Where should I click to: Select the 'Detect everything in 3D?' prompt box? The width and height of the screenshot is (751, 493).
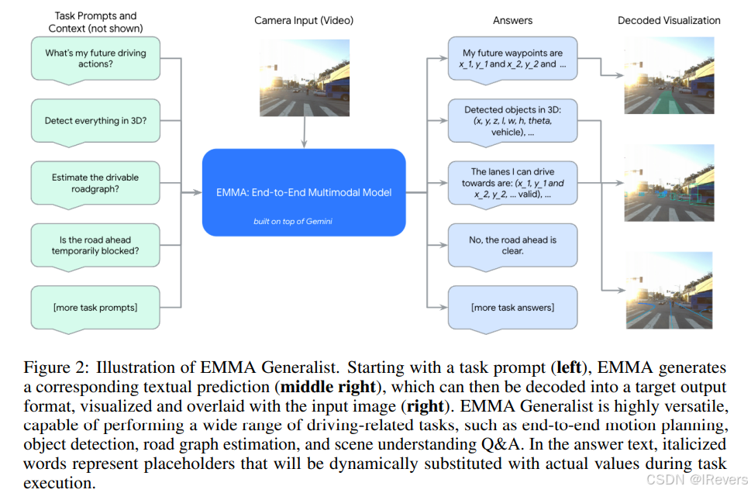(x=95, y=120)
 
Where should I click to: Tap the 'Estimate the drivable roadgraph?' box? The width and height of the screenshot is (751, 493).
(x=95, y=183)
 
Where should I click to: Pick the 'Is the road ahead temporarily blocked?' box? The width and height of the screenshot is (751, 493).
(x=95, y=246)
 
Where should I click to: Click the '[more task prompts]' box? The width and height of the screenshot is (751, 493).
(x=95, y=307)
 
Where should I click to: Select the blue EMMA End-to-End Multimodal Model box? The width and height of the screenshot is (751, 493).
(x=304, y=192)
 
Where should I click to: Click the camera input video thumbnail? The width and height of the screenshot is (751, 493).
(x=304, y=78)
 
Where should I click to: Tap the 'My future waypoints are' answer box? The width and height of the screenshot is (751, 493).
(x=512, y=59)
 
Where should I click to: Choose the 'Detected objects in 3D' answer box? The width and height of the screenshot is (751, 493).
(x=512, y=121)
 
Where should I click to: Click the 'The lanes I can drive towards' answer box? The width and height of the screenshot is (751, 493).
(x=512, y=184)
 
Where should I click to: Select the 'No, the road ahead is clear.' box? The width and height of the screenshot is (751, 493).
(x=512, y=245)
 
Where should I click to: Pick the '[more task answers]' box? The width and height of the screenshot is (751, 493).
(x=512, y=307)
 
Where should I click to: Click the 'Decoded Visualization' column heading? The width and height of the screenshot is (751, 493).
(x=669, y=20)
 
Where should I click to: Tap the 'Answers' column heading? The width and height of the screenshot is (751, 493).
(x=512, y=20)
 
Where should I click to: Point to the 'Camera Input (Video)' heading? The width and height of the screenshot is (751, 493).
(x=303, y=20)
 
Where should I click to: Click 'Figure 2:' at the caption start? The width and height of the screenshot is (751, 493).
(x=55, y=367)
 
